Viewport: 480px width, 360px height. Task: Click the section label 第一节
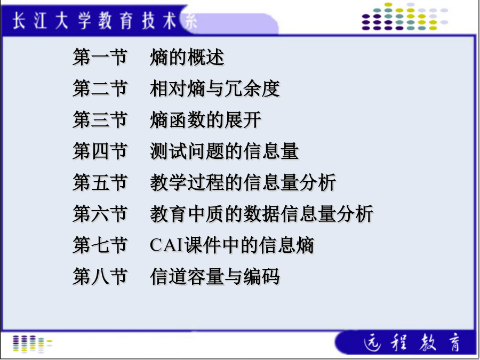(x=100, y=57)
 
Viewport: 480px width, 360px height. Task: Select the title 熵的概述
(x=187, y=57)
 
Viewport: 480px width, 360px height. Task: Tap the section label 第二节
(x=100, y=89)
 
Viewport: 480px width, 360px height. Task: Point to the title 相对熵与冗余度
(x=214, y=89)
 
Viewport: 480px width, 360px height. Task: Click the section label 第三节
(x=100, y=119)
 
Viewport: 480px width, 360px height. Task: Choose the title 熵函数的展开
(x=205, y=119)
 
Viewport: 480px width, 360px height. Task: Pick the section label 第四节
(x=100, y=151)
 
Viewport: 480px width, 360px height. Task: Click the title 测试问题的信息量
(x=224, y=151)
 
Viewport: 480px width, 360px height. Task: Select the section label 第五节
(x=100, y=182)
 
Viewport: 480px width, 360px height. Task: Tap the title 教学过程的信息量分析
(x=243, y=182)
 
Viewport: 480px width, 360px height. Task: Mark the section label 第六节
(x=100, y=214)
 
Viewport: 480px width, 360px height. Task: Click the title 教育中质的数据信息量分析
(x=261, y=214)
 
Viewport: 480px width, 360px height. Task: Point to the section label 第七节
(x=100, y=245)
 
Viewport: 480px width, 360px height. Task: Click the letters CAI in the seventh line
(x=166, y=245)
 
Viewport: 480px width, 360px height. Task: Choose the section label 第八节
(x=100, y=276)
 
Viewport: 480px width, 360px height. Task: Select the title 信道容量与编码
(x=214, y=276)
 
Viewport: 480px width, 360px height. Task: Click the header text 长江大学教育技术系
(x=105, y=22)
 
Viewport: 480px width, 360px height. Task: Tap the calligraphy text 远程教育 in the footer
(x=412, y=342)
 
